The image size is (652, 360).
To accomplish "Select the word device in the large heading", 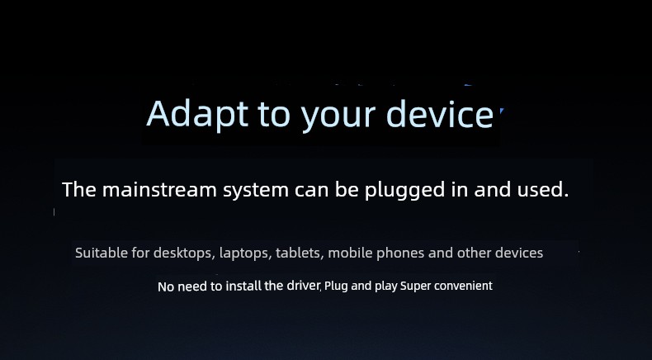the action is pos(440,113).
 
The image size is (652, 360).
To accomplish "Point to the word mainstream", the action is pos(159,190).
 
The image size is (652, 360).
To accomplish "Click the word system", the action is pos(256,191).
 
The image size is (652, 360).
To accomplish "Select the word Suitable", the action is pos(101,253).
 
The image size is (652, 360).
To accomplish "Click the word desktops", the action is pos(183,253).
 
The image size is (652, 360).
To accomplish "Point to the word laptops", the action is pos(244,253).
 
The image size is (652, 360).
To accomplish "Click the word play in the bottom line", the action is pos(386,287).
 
